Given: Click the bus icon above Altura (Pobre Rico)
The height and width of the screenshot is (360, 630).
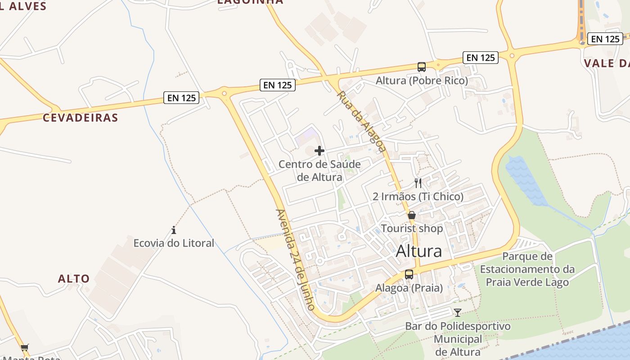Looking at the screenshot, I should click(422, 67).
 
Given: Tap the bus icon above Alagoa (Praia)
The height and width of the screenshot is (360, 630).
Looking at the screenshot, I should click(409, 274).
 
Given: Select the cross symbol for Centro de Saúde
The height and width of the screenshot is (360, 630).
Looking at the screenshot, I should click(319, 151).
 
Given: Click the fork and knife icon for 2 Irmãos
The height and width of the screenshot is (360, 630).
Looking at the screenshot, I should click(418, 183).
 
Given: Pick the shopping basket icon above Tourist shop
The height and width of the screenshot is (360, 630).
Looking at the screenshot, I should click(412, 215).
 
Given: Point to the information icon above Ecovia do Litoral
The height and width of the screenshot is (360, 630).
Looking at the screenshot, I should click(174, 230).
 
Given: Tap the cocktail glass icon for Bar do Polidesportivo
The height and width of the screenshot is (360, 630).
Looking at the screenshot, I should click(458, 312).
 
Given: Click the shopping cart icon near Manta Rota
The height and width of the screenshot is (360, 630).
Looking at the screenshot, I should click(25, 347).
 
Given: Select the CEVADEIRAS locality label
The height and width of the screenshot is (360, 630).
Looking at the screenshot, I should click(80, 118).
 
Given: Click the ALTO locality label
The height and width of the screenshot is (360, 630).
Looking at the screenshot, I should click(74, 279).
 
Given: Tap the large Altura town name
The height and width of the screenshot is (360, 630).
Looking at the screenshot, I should click(419, 251).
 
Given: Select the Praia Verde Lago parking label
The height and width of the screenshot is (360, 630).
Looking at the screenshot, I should click(527, 269).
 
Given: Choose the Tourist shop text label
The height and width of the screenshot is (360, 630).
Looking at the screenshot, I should click(412, 229).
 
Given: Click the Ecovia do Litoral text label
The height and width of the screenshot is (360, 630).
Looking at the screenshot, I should click(174, 243).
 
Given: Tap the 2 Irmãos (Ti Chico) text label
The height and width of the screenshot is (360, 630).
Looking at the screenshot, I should click(418, 197).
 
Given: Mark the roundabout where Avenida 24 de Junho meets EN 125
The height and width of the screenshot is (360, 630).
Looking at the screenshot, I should click(224, 93).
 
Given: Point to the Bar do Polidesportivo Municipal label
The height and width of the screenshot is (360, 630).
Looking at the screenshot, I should click(458, 338).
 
